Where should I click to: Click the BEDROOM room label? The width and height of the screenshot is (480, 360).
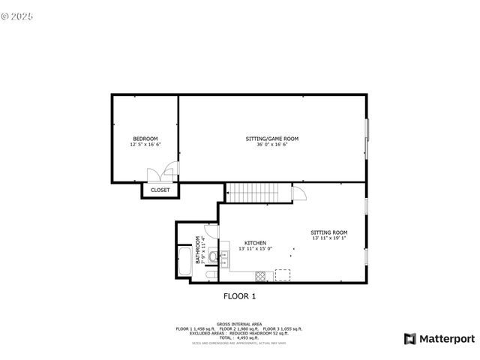pos(145,139)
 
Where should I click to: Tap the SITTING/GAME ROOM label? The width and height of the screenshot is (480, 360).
pos(272,139)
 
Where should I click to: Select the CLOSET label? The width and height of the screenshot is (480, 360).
pos(160,190)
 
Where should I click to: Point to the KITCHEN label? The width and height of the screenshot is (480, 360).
pos(255,243)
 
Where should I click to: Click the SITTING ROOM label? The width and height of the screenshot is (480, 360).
pos(329,232)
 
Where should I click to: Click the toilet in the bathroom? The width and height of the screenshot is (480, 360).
pos(213,258)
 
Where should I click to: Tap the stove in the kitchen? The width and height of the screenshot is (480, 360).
pos(261,274)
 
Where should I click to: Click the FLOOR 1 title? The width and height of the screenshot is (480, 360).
pos(240,296)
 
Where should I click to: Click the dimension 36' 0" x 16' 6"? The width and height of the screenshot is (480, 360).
pos(272,145)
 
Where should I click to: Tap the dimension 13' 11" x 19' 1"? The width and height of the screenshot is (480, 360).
pos(329,238)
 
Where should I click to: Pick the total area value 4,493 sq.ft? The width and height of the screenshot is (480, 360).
pos(247,338)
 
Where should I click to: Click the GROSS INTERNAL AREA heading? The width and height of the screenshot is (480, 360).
pos(239,324)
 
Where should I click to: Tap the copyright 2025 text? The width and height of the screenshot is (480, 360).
pos(19,15)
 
